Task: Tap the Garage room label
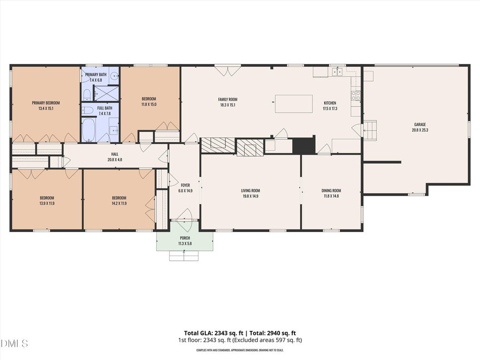pos(419,124)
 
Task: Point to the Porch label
pos(185,238)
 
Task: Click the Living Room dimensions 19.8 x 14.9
pos(251,196)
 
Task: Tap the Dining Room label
pos(331,190)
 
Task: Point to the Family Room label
pos(228,99)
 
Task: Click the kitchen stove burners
pos(355,95)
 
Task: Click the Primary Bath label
pos(96,74)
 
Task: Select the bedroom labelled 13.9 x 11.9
pos(45,200)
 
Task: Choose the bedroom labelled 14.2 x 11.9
pos(119,200)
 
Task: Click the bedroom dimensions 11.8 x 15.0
pos(149,105)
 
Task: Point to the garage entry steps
pos(370,129)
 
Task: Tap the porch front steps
pos(185,256)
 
